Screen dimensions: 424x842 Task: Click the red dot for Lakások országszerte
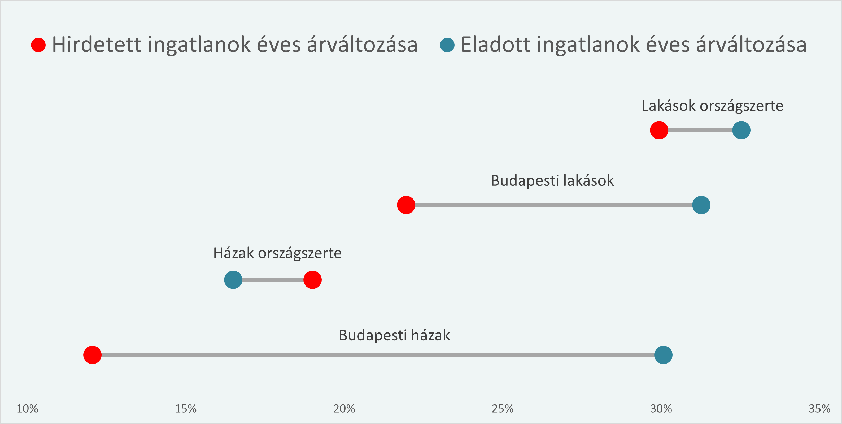659,130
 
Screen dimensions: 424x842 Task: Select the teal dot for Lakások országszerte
741,130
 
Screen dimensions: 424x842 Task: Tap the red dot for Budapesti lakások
406,205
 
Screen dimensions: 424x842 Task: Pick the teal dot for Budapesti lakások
701,205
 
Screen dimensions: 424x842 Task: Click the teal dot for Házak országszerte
233,280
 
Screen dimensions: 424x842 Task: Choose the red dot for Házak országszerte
312,280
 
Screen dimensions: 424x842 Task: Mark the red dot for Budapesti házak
93,355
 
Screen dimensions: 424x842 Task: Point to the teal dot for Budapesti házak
663,355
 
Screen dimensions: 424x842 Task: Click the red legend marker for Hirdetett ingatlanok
38,45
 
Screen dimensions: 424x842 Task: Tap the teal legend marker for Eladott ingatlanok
447,45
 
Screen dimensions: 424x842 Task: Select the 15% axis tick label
186,409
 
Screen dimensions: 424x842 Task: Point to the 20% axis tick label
344,409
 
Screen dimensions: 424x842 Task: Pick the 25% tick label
503,409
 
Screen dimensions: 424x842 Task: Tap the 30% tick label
661,409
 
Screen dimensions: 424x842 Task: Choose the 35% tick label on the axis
819,409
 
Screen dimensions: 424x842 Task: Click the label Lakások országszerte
713,106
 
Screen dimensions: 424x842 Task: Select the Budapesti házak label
394,335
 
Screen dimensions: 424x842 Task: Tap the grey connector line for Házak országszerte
273,280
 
